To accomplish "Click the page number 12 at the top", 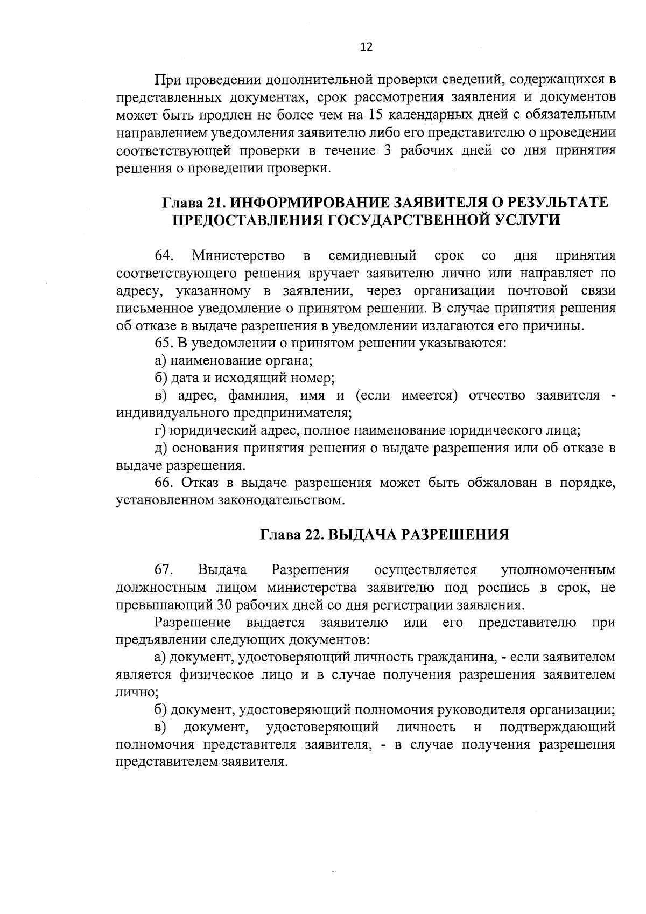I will pyautogui.click(x=366, y=47).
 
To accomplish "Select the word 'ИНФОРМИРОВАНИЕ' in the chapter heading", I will pyautogui.click(x=306, y=203).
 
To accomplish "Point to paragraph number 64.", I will pyautogui.click(x=164, y=255).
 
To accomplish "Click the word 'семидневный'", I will pyautogui.click(x=373, y=255).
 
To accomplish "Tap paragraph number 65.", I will pyautogui.click(x=163, y=343).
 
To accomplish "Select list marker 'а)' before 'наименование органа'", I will pyautogui.click(x=160, y=361).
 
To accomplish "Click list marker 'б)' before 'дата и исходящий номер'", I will pyautogui.click(x=160, y=378).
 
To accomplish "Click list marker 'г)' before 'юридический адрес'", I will pyautogui.click(x=160, y=431).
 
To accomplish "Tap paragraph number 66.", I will pyautogui.click(x=163, y=483).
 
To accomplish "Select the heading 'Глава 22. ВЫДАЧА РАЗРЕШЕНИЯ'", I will pyautogui.click(x=384, y=535).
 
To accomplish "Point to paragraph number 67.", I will pyautogui.click(x=164, y=570).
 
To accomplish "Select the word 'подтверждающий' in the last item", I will pyautogui.click(x=557, y=728).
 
